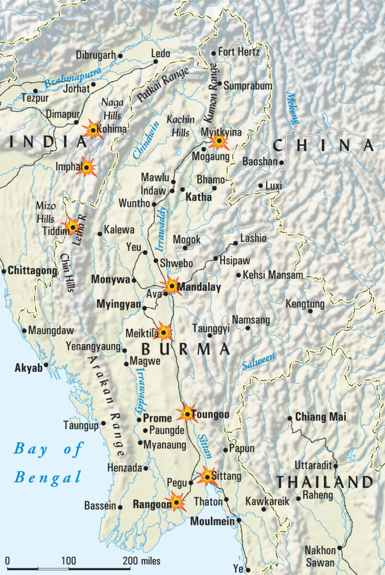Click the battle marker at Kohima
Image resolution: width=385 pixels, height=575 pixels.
click(92, 129)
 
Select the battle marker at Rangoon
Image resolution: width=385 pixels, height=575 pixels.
click(176, 502)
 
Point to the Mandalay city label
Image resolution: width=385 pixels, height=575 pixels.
click(199, 288)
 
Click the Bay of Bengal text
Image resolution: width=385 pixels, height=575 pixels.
click(48, 463)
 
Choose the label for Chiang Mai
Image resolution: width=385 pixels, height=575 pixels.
click(320, 417)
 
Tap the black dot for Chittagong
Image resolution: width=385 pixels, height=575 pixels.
click(4, 271)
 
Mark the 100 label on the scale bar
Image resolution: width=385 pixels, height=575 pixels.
click(68, 561)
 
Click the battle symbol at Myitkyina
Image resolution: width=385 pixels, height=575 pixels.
click(219, 141)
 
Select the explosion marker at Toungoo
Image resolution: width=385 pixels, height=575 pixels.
click(187, 413)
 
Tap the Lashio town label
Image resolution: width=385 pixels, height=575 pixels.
click(253, 238)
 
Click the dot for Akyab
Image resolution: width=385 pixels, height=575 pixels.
click(46, 365)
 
